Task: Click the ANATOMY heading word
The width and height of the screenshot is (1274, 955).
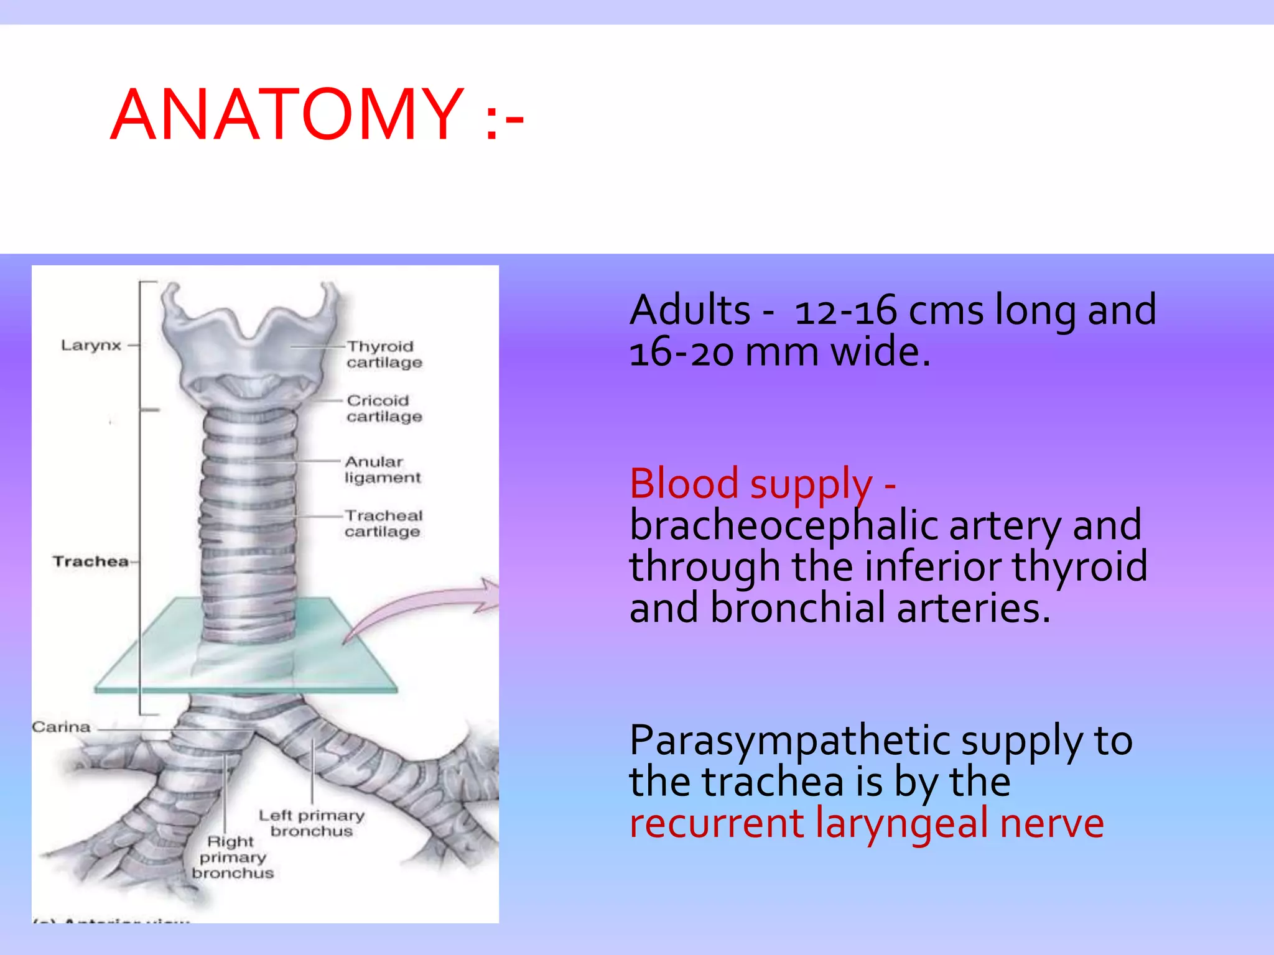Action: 287,115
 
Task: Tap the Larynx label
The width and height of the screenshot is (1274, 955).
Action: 91,345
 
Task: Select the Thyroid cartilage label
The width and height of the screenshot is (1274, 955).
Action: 384,354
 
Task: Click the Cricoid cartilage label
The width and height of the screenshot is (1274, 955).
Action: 384,408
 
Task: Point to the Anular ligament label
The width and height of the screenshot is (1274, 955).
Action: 382,469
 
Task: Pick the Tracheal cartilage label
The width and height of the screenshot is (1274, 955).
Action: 383,524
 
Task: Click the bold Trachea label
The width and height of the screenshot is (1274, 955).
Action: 91,561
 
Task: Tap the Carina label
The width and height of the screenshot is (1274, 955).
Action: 61,727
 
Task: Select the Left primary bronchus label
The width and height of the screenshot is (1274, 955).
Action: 311,823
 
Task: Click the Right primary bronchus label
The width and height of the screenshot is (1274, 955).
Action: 232,857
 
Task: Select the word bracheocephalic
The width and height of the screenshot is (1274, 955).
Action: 783,525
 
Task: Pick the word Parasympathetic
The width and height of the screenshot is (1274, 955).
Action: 790,740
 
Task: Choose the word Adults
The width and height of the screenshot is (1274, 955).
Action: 690,310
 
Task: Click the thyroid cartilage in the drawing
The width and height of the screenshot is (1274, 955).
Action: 249,348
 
